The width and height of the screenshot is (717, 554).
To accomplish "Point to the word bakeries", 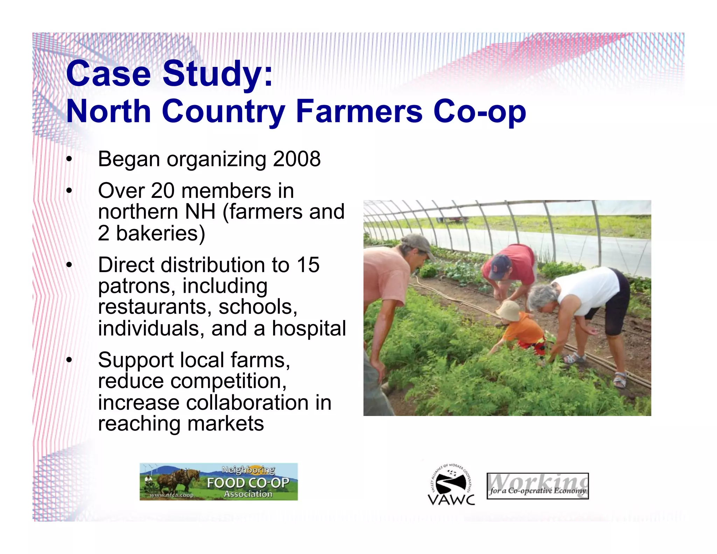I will pos(160,234).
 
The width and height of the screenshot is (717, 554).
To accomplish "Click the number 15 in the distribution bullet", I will pos(308,265).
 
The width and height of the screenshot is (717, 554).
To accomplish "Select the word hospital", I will pos(309,328).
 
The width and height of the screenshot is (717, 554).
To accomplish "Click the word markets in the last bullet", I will pos(225,424).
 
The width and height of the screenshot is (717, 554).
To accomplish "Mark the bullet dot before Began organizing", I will pos(69,160).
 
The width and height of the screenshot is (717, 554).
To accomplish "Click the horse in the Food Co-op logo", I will pos(179,480).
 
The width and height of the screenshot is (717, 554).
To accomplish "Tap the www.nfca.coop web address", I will pos(172,495).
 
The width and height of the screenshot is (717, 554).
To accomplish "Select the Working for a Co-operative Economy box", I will pos(537,486).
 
